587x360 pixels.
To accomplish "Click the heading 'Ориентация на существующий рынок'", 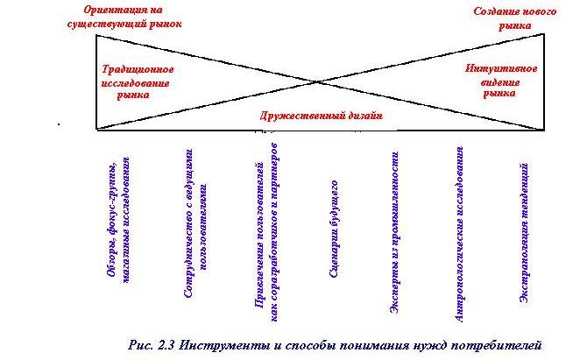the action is coord(124,17).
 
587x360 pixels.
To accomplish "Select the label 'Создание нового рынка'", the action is coord(515,18).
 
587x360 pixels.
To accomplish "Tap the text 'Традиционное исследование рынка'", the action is coord(137,82).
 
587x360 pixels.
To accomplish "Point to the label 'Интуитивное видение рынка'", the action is coord(501,81).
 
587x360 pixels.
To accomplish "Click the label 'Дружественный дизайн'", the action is coord(322,116).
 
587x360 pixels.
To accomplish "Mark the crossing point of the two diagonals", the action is coord(316,81).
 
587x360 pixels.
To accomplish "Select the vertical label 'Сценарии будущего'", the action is coord(335,229).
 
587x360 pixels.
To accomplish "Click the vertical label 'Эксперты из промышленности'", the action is coord(394,232).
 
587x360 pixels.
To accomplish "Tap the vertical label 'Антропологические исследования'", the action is coord(459,234).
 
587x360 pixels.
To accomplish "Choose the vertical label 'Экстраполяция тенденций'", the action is coord(524,233).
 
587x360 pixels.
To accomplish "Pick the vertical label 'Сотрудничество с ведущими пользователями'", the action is coord(196,223).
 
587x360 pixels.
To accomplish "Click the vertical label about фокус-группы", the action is coord(118,220).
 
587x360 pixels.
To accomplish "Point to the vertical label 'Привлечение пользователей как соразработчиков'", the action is coord(266,232).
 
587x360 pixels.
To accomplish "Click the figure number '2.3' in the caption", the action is coord(166,344).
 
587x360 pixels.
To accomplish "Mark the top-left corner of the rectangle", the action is coord(96,35).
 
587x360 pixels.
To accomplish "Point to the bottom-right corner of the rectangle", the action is coord(544,130).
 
